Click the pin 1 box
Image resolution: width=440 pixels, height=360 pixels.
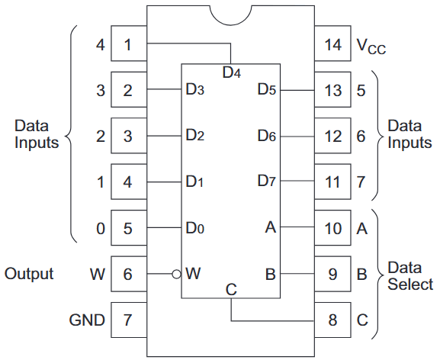click(x=128, y=45)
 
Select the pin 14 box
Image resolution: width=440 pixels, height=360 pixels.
click(x=332, y=45)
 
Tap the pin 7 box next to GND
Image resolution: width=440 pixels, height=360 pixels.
click(x=128, y=320)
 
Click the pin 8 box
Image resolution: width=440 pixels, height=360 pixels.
click(x=332, y=320)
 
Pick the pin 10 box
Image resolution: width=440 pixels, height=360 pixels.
click(x=332, y=228)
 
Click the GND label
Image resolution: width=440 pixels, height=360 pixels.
click(x=87, y=320)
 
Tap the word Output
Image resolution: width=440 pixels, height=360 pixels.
click(x=29, y=273)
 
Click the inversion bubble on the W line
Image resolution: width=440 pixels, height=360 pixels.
click(x=176, y=274)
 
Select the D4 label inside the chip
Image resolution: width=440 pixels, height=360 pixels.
click(x=232, y=73)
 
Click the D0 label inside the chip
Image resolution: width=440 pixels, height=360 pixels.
click(x=194, y=228)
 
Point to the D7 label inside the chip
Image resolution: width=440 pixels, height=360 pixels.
click(x=266, y=182)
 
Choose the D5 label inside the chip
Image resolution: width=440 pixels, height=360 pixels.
click(x=266, y=90)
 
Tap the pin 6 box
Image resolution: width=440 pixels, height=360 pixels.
click(x=128, y=274)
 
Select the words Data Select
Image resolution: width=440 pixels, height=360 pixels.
click(x=410, y=276)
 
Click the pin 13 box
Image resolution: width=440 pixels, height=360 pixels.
click(x=332, y=91)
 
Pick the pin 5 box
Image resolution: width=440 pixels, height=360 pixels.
click(x=128, y=228)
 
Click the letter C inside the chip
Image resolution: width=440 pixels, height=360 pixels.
click(x=232, y=290)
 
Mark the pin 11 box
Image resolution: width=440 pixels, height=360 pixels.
click(x=332, y=182)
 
